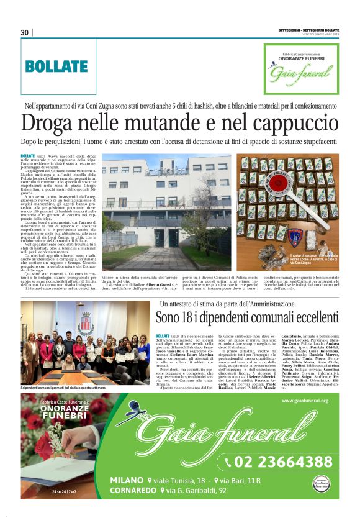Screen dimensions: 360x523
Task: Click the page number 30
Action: coord(25,32)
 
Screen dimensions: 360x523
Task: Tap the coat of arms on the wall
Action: coord(85,322)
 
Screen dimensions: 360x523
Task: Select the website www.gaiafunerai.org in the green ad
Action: coord(304,401)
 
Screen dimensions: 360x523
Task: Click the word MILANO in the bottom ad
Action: coord(127,480)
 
